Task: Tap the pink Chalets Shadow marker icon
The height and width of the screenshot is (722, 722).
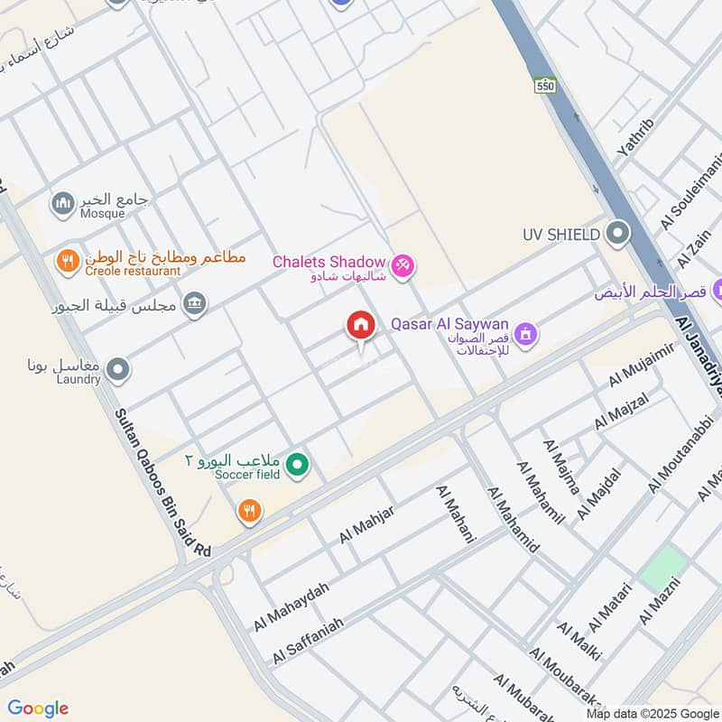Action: click(403, 264)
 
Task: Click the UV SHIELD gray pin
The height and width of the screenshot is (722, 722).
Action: click(618, 234)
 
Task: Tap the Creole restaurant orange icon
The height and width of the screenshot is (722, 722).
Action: click(67, 263)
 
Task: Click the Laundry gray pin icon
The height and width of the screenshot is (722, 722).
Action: click(117, 369)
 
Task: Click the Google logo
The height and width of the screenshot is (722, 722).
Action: click(37, 708)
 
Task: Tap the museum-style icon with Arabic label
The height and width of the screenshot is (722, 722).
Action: click(195, 305)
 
